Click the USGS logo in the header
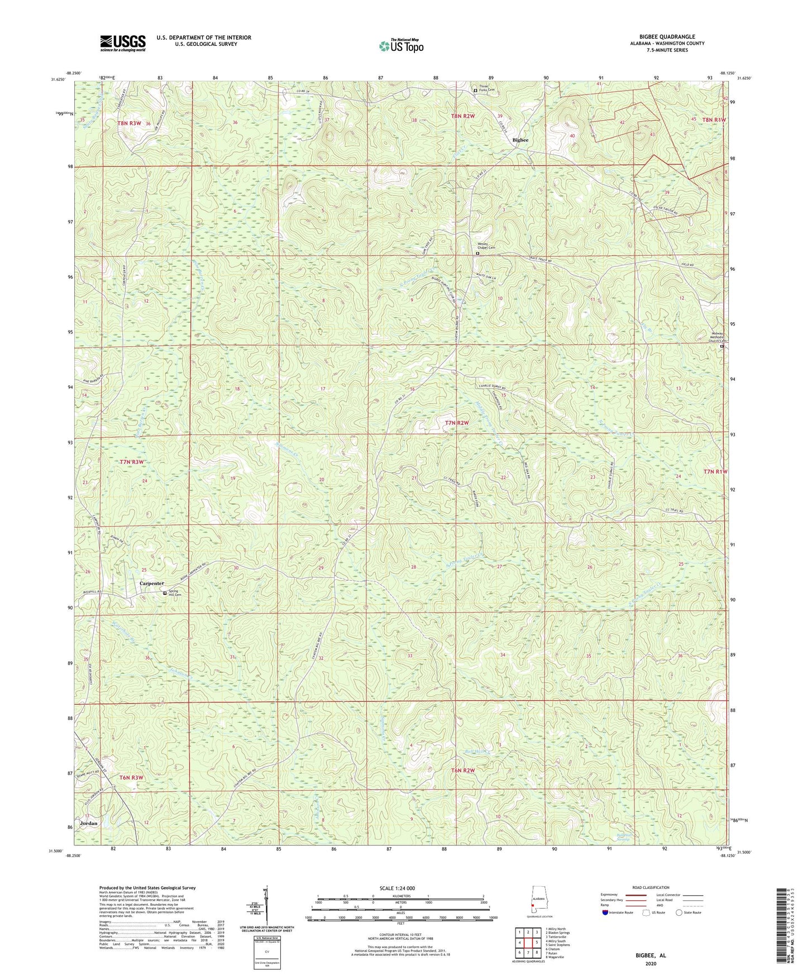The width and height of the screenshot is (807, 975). pyautogui.click(x=122, y=43)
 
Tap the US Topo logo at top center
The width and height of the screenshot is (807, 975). pyautogui.click(x=401, y=46)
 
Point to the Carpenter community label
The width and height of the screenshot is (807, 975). pyautogui.click(x=151, y=583)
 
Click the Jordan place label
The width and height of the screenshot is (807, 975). pyautogui.click(x=89, y=823)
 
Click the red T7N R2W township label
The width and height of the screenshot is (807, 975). pyautogui.click(x=456, y=423)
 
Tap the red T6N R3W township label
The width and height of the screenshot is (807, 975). pyautogui.click(x=131, y=777)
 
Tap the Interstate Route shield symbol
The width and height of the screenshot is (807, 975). pyautogui.click(x=605, y=913)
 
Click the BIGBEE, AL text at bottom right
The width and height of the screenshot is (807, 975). pyautogui.click(x=650, y=955)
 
